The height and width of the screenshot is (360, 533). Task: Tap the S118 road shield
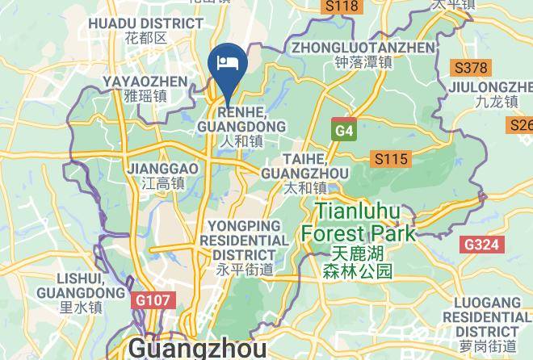coord(340,6)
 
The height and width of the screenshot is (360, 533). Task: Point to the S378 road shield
coord(470,68)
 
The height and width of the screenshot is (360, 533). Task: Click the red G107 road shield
coord(152,300)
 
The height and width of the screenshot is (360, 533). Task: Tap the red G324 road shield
coord(482,244)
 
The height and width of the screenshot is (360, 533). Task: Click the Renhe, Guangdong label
coord(241,127)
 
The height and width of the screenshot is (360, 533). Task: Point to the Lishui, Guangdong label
coord(81,291)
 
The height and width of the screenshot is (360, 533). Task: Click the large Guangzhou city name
coord(197,349)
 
